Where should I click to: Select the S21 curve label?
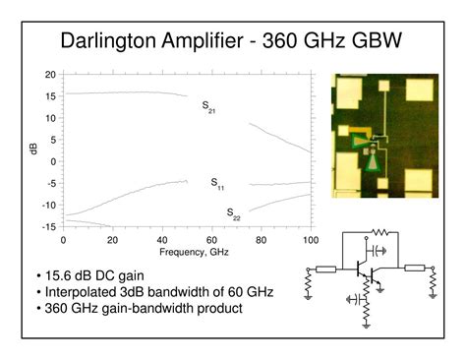tap(208, 106)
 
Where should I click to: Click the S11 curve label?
tap(217, 184)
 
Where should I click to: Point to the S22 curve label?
tap(233, 213)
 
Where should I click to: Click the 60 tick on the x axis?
tap(211, 239)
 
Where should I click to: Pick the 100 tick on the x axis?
tap(311, 239)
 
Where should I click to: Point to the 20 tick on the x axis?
tap(112, 239)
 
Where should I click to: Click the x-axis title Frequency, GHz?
tap(186, 252)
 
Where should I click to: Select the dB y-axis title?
tap(33, 150)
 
